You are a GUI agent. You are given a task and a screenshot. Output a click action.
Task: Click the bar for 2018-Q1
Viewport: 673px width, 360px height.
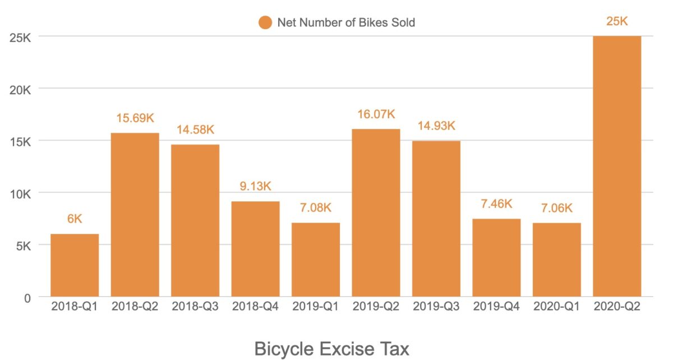pyautogui.click(x=75, y=265)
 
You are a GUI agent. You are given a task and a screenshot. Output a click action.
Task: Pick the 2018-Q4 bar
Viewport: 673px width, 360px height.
pyautogui.click(x=255, y=249)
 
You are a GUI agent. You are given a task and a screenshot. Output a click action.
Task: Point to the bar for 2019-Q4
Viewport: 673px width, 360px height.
pyautogui.click(x=496, y=257)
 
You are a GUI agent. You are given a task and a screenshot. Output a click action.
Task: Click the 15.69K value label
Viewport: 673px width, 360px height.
pyautogui.click(x=135, y=118)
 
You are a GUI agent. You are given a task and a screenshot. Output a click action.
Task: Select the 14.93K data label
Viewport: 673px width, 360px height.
pyautogui.click(x=436, y=126)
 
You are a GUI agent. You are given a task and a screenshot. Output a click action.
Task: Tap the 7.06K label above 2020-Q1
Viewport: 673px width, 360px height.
pyautogui.click(x=556, y=208)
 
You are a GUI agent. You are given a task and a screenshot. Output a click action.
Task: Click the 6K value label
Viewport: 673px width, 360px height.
pyautogui.click(x=75, y=219)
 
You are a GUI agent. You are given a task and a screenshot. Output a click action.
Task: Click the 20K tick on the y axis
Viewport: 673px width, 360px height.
pyautogui.click(x=19, y=89)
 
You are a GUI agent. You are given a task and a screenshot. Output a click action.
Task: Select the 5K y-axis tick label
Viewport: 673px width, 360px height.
pyautogui.click(x=22, y=245)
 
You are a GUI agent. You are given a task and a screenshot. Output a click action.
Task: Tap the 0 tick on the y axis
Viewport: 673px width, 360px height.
pyautogui.click(x=27, y=297)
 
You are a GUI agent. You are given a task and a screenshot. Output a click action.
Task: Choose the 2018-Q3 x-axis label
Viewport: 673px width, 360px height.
pyautogui.click(x=195, y=307)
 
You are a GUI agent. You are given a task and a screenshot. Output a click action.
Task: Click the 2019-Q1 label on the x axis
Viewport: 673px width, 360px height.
pyautogui.click(x=316, y=307)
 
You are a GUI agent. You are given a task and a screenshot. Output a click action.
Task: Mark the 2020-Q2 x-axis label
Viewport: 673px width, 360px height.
pyautogui.click(x=616, y=307)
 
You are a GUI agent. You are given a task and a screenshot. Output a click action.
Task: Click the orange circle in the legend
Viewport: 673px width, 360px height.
pyautogui.click(x=265, y=22)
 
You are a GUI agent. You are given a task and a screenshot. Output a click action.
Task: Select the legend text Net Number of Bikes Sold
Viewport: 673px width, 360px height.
pyautogui.click(x=346, y=22)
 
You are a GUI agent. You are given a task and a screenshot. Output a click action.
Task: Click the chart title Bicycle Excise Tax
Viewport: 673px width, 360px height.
pyautogui.click(x=332, y=348)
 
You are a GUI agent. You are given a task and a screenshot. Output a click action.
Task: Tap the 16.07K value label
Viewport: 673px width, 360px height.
pyautogui.click(x=376, y=114)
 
